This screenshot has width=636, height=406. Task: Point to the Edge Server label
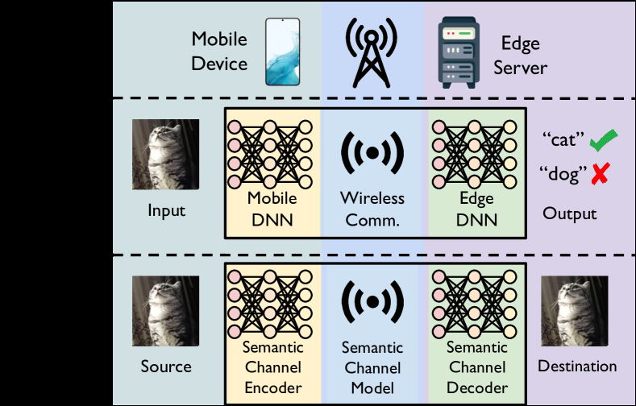[522, 55]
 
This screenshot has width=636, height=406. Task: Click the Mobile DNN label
[272, 208]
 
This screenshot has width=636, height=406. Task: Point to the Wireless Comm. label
[372, 208]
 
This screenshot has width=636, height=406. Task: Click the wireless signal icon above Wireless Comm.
[372, 151]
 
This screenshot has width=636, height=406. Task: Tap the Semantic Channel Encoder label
[272, 367]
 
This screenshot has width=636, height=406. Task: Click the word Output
[569, 213]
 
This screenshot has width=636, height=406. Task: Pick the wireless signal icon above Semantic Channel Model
[372, 302]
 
